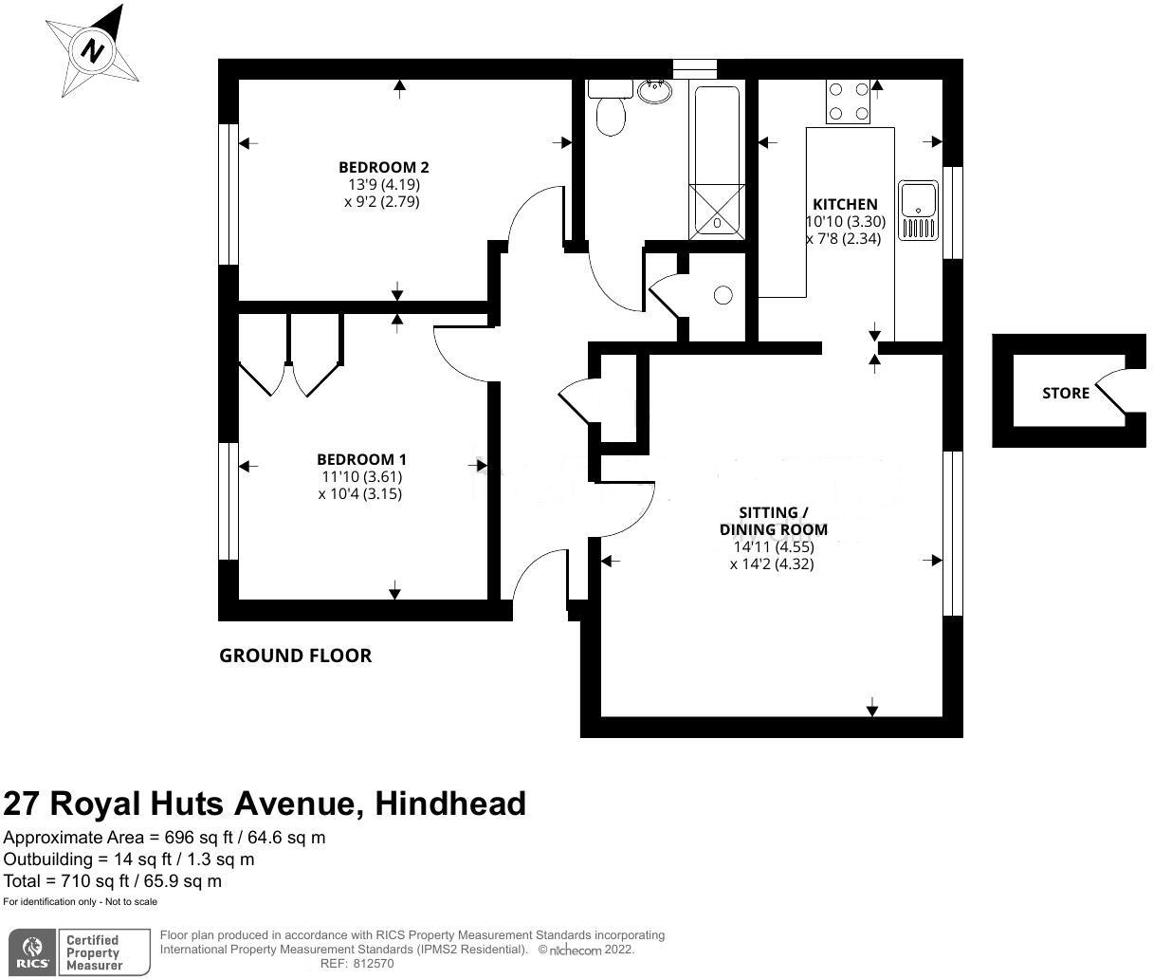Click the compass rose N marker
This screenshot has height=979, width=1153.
92,49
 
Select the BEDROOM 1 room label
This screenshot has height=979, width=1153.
361,458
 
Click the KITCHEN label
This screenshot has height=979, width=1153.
845,204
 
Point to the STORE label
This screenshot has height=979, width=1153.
1066,393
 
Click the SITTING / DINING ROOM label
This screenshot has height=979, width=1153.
774,521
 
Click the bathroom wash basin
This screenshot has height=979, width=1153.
654,91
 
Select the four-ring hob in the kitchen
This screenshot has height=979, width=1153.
849,102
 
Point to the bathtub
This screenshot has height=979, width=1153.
716,159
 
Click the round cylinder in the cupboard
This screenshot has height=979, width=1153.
723,295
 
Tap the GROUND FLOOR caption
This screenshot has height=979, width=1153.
295,656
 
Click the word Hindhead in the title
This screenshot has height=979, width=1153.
450,804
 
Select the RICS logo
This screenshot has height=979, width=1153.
34,952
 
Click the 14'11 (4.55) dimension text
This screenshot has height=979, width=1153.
774,547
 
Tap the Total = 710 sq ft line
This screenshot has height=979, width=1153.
113,880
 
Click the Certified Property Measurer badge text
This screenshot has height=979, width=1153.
93,952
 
